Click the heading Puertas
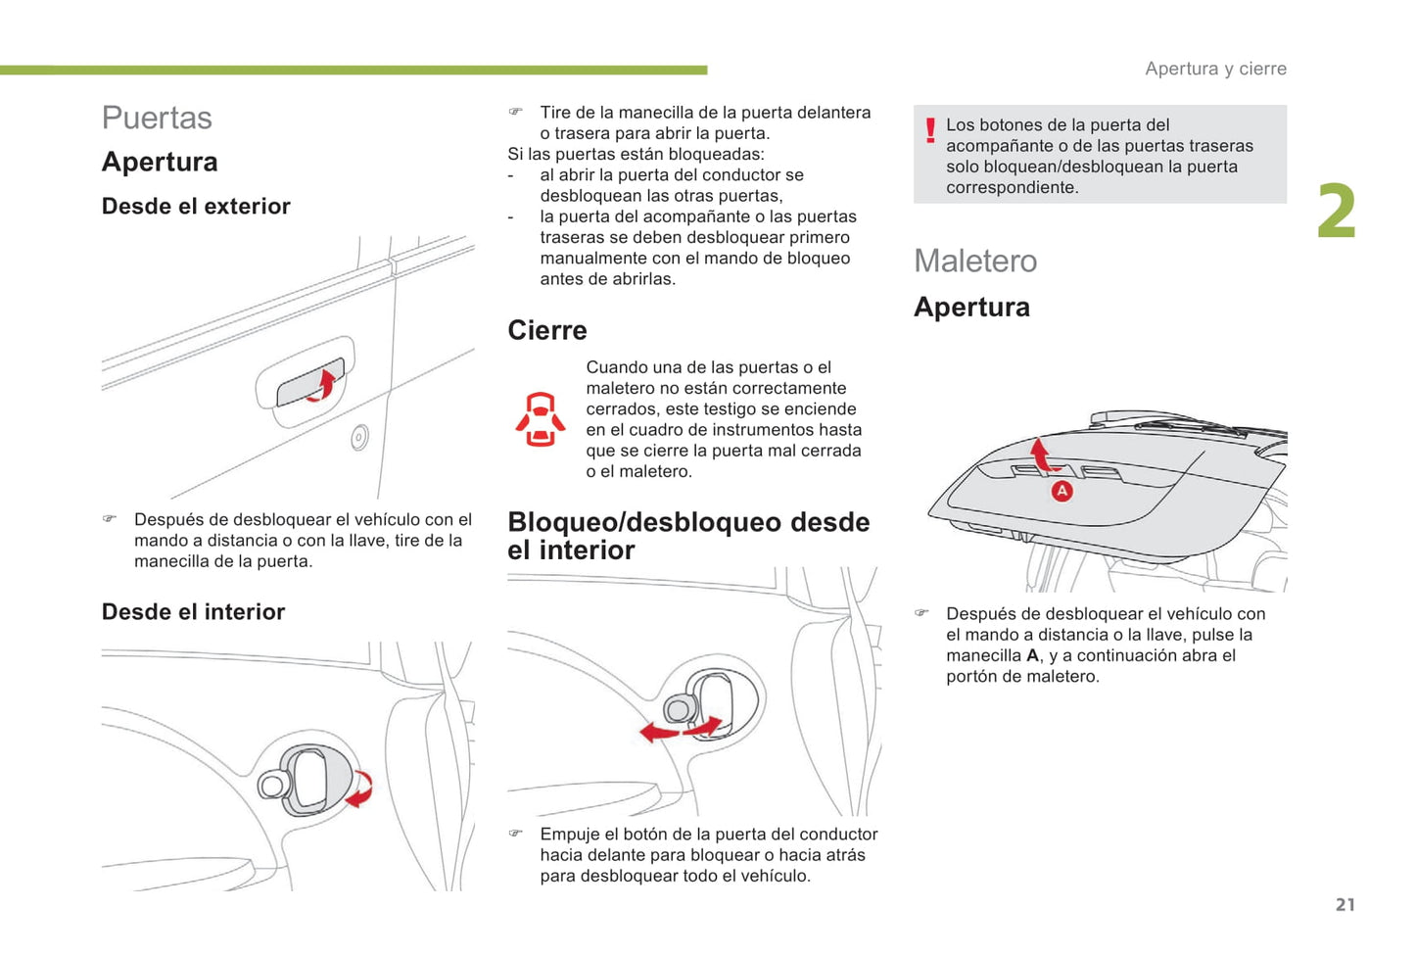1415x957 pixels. [157, 118]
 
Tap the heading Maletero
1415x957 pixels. [974, 261]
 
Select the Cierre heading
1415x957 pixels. [547, 330]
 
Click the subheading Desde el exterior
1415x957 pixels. [196, 206]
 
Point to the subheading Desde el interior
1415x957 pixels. [193, 611]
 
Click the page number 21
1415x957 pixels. [1344, 904]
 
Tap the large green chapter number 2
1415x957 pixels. [1337, 211]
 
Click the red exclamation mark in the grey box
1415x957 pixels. [930, 130]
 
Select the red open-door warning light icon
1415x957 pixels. [541, 419]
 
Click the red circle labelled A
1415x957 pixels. [1061, 491]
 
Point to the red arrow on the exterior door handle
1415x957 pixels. [321, 386]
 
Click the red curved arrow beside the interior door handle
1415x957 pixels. [360, 789]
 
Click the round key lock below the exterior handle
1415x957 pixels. [360, 437]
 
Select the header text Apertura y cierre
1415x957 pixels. [1216, 69]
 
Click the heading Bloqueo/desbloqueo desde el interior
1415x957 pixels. [688, 536]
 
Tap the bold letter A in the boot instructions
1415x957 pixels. [1032, 655]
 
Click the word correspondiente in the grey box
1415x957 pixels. [1012, 188]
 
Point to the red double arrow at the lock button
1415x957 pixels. [681, 730]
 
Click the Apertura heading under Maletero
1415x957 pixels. [971, 307]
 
